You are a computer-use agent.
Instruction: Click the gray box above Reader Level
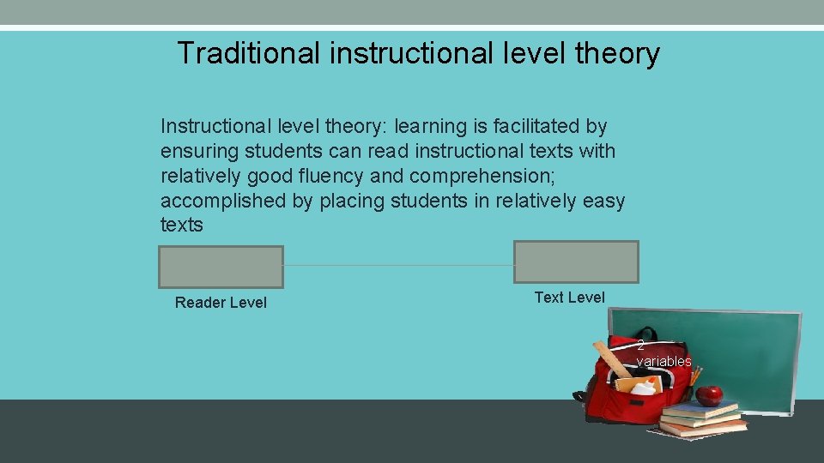tap(221, 267)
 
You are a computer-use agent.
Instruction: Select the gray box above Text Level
tap(576, 262)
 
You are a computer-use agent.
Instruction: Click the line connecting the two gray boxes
tap(398, 266)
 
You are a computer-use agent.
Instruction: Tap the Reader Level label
tap(221, 303)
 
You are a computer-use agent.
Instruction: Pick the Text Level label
tap(569, 298)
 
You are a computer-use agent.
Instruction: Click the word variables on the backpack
tap(663, 362)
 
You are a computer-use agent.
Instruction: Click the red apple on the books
tap(709, 395)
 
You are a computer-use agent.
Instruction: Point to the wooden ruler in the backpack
tap(610, 359)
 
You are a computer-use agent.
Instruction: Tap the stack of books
tap(702, 418)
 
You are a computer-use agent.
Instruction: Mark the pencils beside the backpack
tap(695, 377)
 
